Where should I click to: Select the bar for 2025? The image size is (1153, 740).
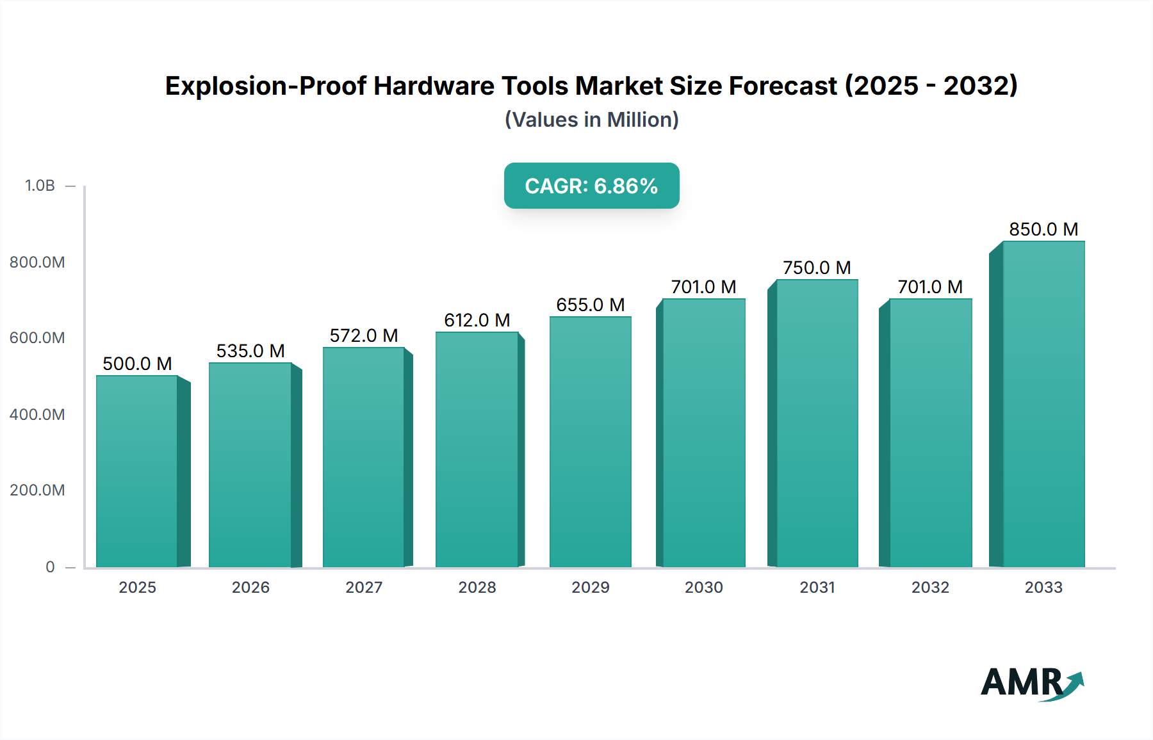[x=136, y=471]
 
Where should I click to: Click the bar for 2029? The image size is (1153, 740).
[x=590, y=442]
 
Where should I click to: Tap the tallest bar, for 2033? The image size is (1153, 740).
[x=1043, y=404]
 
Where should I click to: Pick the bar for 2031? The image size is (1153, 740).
[x=817, y=423]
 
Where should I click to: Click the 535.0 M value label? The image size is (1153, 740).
[x=250, y=351]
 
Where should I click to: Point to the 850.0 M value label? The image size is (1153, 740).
[x=1043, y=229]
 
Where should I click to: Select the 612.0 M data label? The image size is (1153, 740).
[x=477, y=320]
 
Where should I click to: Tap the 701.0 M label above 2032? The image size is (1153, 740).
[x=930, y=287]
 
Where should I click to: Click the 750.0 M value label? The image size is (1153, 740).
[x=817, y=268]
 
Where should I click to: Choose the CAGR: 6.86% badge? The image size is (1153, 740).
[x=591, y=186]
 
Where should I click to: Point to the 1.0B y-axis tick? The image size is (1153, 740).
[x=40, y=186]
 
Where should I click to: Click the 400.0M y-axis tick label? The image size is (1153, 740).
[x=37, y=414]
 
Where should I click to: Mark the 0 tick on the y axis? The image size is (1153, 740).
[x=50, y=567]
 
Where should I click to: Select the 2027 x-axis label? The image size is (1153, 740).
[x=364, y=587]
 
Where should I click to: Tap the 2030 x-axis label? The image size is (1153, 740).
[x=703, y=587]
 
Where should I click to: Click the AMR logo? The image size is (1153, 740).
[x=1031, y=683]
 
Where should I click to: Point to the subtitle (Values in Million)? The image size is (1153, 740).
[x=591, y=120]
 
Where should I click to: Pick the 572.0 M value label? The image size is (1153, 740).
[x=364, y=335]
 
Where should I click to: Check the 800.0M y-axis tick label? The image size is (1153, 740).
[x=37, y=262]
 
